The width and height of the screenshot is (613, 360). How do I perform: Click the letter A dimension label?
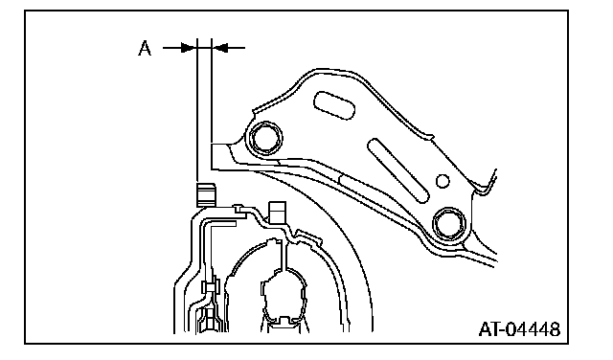pyautogui.click(x=145, y=49)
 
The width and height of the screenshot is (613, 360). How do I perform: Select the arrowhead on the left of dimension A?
pyautogui.click(x=188, y=48)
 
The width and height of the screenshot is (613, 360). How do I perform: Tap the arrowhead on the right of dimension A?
pyautogui.click(x=220, y=48)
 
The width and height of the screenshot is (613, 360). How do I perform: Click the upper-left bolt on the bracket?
pyautogui.click(x=266, y=138)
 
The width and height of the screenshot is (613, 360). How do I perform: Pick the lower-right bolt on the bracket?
pyautogui.click(x=449, y=224)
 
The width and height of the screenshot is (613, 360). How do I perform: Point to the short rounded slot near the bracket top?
pyautogui.click(x=334, y=105)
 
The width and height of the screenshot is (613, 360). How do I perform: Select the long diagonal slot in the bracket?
pyautogui.click(x=398, y=170)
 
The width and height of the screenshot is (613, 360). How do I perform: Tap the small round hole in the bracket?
pyautogui.click(x=443, y=181)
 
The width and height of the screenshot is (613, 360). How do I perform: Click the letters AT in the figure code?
pyautogui.click(x=489, y=329)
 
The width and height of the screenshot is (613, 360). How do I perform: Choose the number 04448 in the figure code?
pyautogui.click(x=534, y=329)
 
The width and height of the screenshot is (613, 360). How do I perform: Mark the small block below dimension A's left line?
pyautogui.click(x=206, y=194)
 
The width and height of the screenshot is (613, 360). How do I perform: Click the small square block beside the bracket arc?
pyautogui.click(x=277, y=213)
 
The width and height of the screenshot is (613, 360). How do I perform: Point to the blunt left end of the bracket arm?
pyautogui.click(x=213, y=156)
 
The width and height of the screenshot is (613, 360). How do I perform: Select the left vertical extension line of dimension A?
pyautogui.click(x=197, y=111)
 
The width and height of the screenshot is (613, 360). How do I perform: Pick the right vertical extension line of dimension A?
pyautogui.click(x=212, y=91)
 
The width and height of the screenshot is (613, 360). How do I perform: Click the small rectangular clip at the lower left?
pyautogui.click(x=211, y=287)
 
